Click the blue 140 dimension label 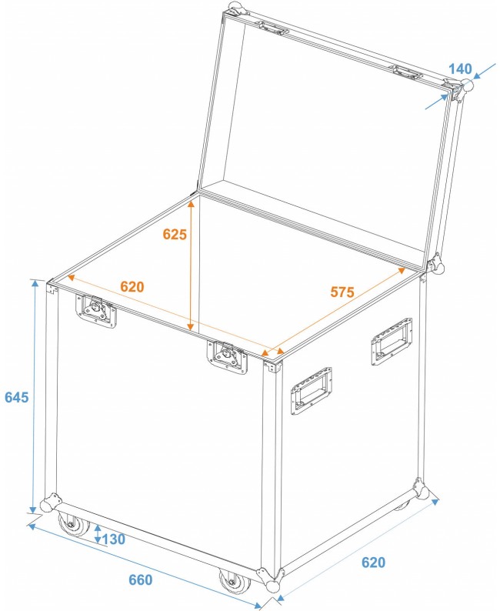[x=459, y=68]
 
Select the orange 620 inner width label [x=132, y=287]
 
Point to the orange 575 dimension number [x=342, y=292]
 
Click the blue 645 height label [x=16, y=397]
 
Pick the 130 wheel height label [x=113, y=539]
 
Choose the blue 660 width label [x=139, y=579]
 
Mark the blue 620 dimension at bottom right [x=372, y=563]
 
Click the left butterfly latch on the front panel [x=97, y=311]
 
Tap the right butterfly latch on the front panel [x=226, y=356]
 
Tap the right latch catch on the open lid [x=408, y=72]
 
